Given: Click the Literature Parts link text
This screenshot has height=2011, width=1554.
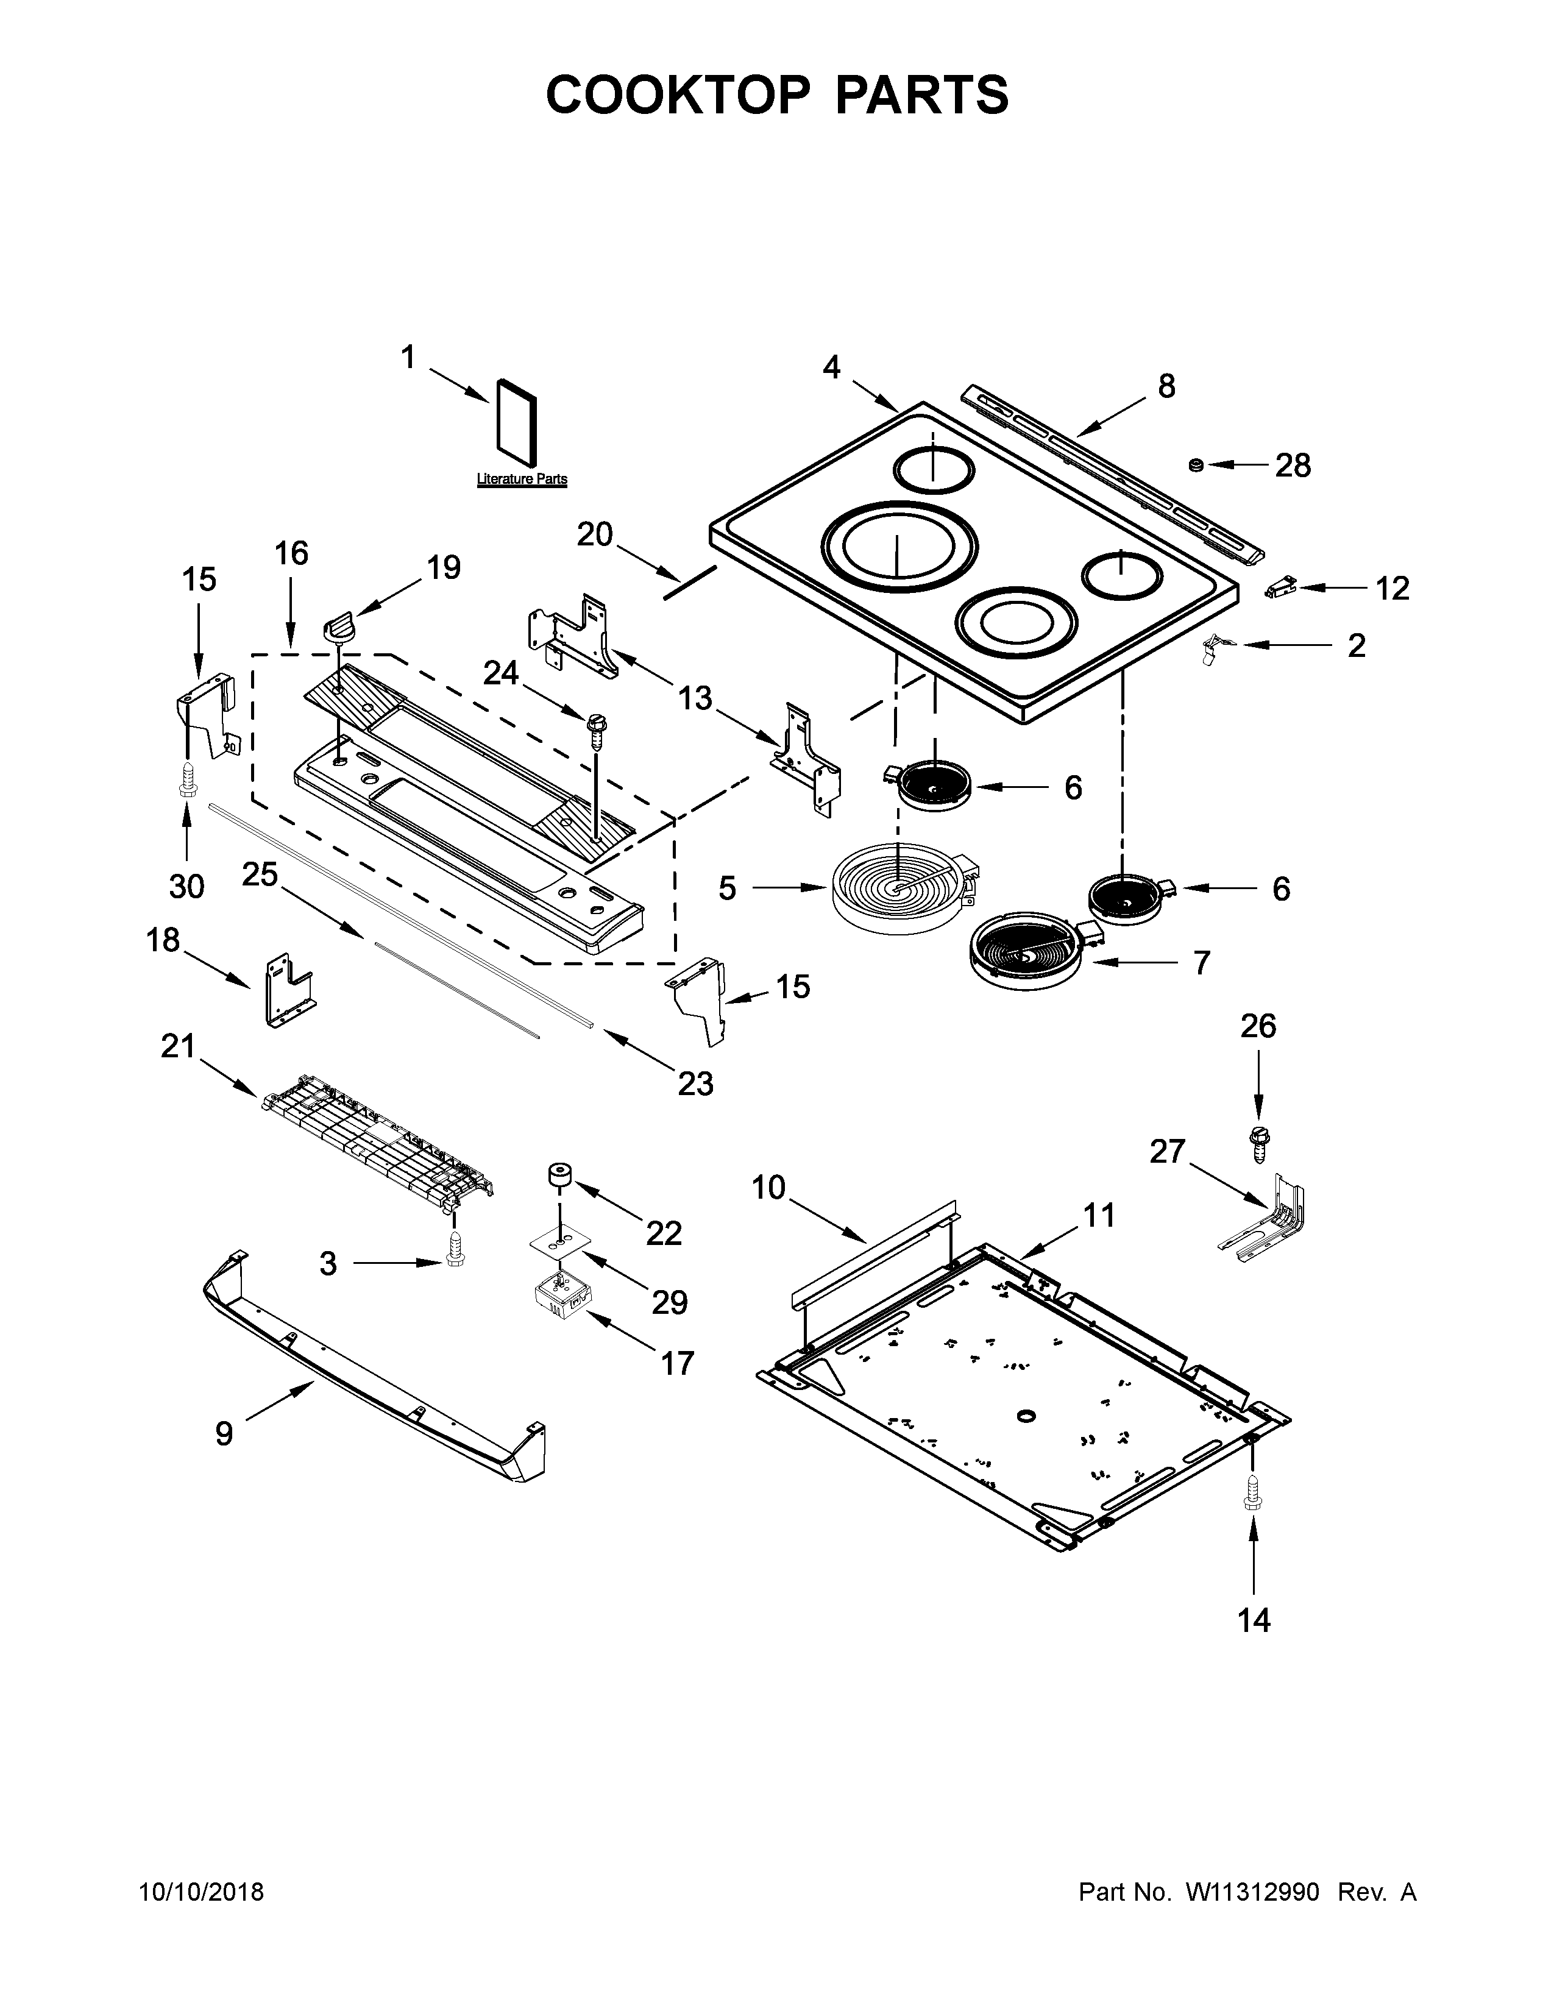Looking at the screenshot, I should [x=521, y=480].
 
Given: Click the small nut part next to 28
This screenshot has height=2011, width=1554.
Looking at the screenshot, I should [x=1197, y=465].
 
